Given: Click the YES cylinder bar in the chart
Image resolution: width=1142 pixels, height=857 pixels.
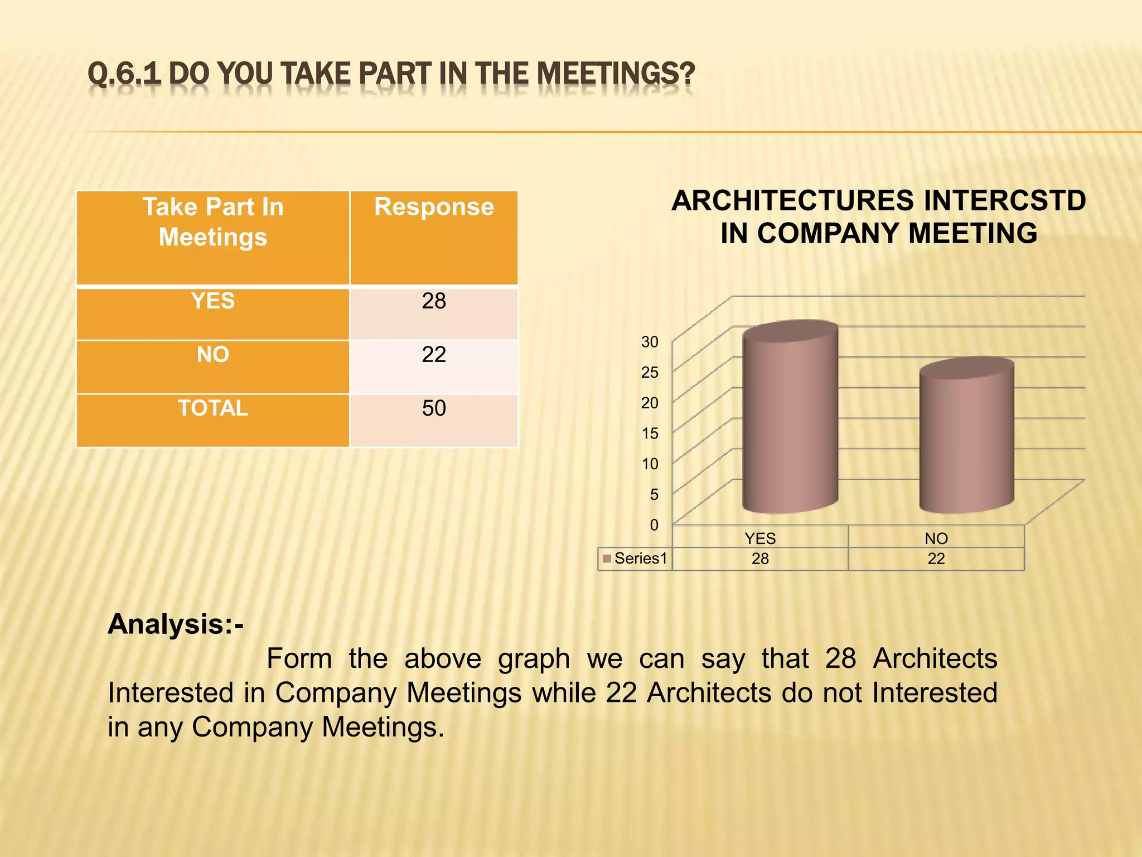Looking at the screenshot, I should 790,418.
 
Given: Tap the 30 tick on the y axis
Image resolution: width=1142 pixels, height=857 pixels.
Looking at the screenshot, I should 650,342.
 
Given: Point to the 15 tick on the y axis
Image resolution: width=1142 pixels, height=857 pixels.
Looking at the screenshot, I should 650,434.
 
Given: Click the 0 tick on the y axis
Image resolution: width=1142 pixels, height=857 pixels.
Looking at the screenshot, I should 654,525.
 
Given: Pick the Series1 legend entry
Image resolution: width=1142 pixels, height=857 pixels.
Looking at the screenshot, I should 635,559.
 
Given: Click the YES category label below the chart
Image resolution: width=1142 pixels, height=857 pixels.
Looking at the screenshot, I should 760,538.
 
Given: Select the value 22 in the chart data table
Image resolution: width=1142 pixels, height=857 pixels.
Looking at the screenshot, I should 936,559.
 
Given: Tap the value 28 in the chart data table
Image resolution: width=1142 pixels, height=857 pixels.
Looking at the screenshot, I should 760,559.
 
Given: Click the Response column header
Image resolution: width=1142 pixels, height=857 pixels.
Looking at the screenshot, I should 434,207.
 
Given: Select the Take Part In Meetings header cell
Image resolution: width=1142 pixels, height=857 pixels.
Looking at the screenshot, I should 213,222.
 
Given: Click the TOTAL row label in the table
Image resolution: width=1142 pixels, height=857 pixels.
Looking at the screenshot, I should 213,408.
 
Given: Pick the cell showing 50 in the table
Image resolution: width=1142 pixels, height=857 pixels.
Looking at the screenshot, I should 434,408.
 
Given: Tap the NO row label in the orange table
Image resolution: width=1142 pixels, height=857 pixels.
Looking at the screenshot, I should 213,355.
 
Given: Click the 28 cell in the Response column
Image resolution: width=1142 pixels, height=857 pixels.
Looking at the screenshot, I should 434,301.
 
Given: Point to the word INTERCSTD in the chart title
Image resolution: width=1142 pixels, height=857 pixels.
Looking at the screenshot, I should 1005,201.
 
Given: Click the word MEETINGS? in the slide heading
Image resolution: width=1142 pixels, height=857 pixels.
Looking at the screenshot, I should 616,74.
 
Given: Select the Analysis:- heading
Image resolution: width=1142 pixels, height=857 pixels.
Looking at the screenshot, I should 176,624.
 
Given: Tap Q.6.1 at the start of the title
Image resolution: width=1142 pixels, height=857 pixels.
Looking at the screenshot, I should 124,74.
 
